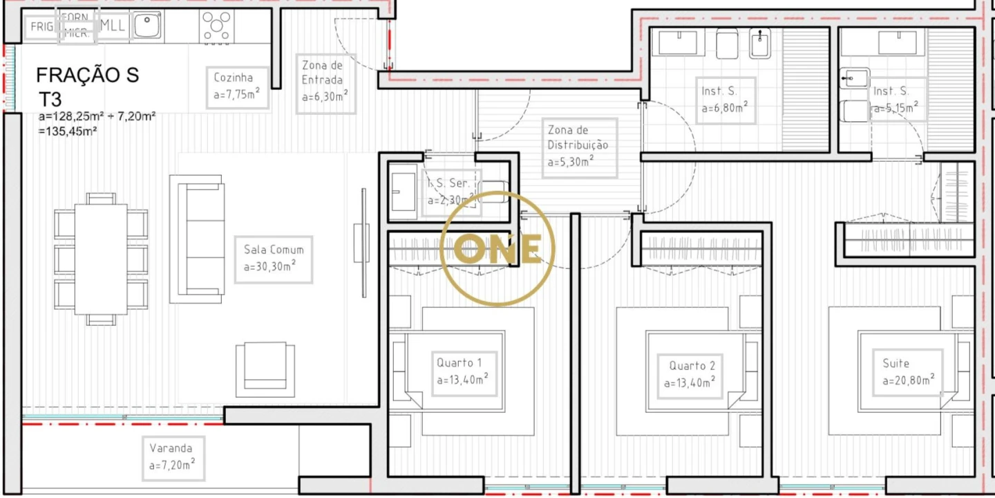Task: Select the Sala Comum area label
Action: point(273,259)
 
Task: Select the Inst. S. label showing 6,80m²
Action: point(726,100)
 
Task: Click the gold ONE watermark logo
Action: point(497,248)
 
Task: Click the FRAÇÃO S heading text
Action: point(87,75)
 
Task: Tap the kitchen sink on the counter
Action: point(147,26)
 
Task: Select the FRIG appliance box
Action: point(42,28)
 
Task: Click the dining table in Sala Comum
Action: point(101,259)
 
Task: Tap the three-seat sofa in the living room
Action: point(197,239)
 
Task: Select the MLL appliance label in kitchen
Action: point(112,26)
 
